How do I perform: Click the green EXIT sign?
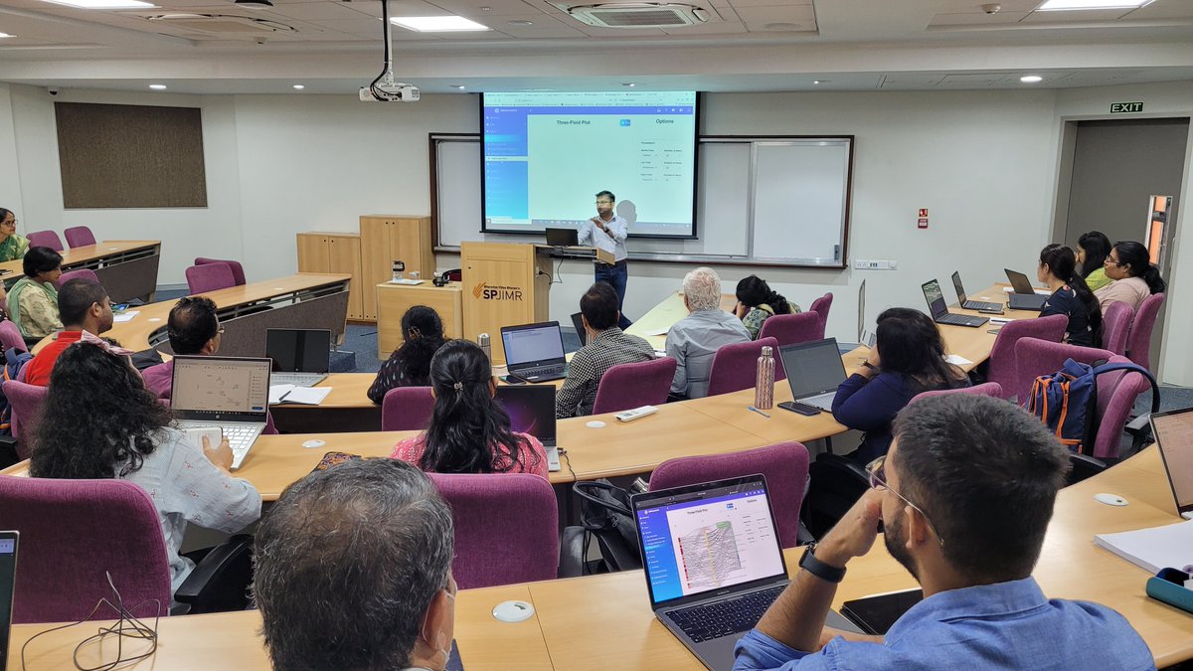pos(1126,107)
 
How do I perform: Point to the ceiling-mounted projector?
pos(389,92)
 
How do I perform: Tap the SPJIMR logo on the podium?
pos(497,291)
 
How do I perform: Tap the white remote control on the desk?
pos(636,413)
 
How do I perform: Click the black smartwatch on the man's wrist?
pos(820,565)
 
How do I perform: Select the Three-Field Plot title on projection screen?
pos(573,122)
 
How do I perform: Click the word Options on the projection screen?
pos(663,121)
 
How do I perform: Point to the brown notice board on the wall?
pos(130,155)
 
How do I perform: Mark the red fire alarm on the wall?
pos(922,216)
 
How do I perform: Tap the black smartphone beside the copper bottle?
pos(799,408)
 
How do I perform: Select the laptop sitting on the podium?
pos(562,237)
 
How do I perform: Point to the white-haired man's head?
pos(702,288)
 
